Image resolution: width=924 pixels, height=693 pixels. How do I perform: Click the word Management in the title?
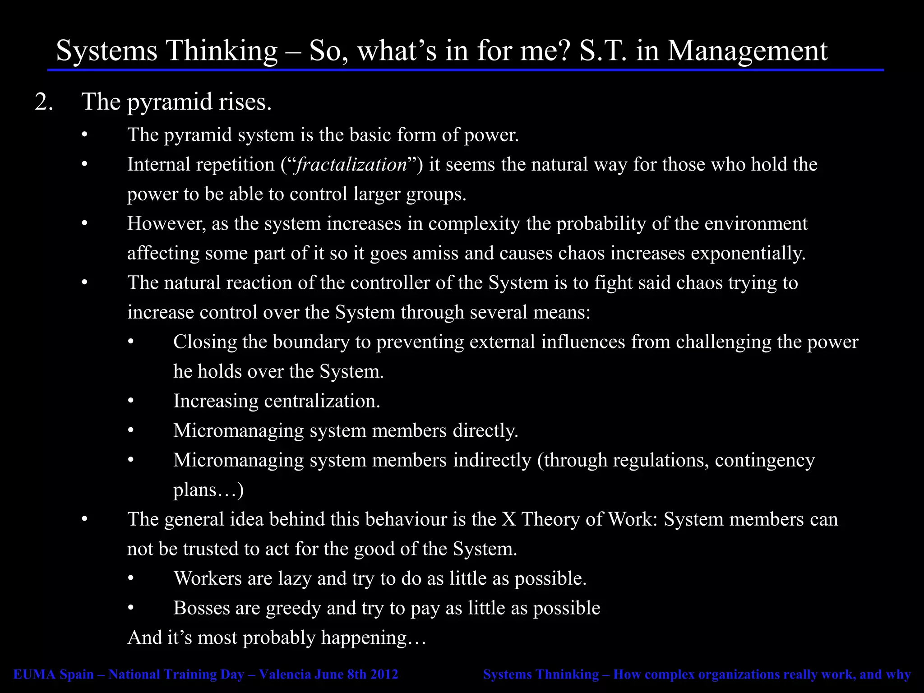[747, 51]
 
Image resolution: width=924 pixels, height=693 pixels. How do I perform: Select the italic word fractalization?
[351, 165]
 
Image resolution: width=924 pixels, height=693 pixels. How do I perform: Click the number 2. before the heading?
[44, 102]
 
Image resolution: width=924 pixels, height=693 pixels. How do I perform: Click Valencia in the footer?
[284, 675]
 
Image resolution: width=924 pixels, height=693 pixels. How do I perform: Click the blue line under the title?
[465, 70]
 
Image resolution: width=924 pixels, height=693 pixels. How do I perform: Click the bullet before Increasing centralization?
[131, 401]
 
